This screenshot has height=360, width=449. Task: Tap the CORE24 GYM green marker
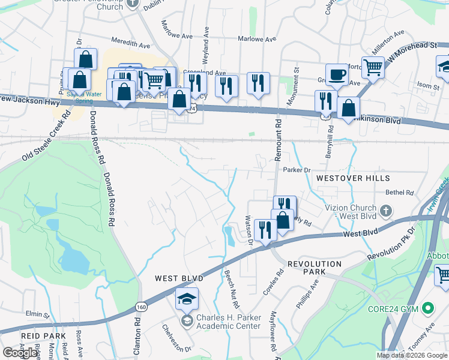428,309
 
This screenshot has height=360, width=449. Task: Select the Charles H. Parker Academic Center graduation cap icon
187,299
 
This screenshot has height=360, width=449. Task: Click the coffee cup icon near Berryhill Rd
337,74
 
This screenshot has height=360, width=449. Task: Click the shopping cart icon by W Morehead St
373,67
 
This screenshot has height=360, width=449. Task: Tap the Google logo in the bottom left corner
20,353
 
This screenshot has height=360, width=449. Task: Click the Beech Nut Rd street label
229,286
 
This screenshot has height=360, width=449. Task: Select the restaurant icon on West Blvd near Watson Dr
265,229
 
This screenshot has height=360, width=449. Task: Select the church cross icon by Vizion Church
387,211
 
